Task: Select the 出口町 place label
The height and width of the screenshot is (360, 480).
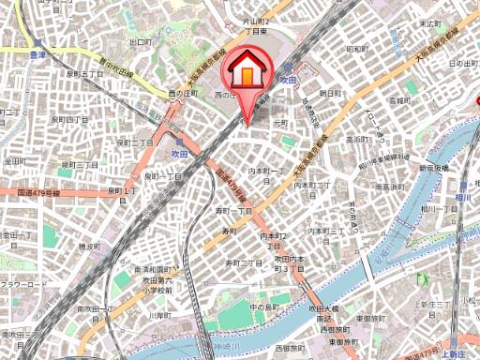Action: (141, 41)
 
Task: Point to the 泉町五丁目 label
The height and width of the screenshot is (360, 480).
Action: (83, 73)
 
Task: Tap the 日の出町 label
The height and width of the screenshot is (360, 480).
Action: (464, 62)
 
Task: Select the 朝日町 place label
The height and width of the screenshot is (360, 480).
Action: (330, 93)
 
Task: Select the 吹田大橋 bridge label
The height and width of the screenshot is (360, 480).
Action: (323, 307)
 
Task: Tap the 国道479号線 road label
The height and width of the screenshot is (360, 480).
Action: (38, 193)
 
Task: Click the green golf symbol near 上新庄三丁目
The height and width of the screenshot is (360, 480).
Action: (425, 278)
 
